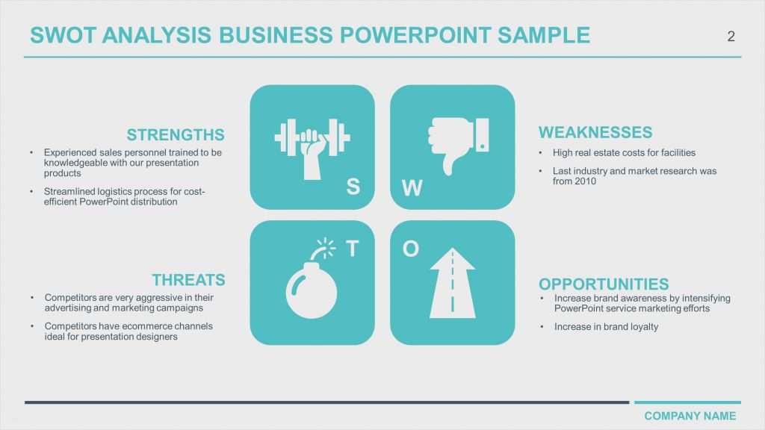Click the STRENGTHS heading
[x=176, y=134]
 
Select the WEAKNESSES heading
[x=595, y=132]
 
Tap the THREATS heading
[x=188, y=280]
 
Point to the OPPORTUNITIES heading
[x=604, y=284]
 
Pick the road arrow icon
[x=452, y=283]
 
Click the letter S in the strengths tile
[x=353, y=187]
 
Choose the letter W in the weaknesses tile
[x=412, y=187]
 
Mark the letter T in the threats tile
[x=353, y=249]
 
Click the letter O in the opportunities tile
[x=411, y=249]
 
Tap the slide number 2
[x=731, y=37]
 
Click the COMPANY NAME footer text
[x=690, y=416]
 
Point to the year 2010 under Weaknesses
[x=585, y=181]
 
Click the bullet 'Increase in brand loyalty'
[x=606, y=327]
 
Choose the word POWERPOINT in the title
[x=415, y=35]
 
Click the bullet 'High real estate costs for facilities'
[x=624, y=152]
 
